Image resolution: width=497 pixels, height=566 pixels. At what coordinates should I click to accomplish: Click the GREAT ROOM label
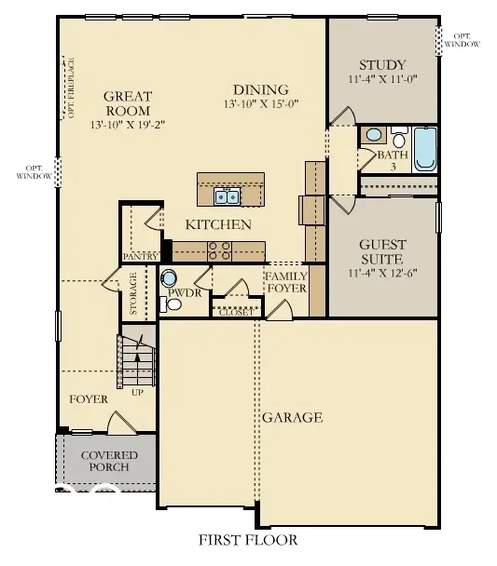point(128,101)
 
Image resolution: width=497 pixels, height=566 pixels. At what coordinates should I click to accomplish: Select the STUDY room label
point(382,65)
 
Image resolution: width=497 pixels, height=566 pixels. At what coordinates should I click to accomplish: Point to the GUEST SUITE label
point(382,251)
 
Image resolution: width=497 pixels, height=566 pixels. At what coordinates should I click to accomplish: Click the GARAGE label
point(292,417)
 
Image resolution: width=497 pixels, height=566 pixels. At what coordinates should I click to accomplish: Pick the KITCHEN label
point(218,224)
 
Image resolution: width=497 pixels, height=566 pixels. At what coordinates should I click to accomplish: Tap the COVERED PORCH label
point(109,461)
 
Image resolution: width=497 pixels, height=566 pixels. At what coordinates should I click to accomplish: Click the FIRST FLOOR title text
point(248,540)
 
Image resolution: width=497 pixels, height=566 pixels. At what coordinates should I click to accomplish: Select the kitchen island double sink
point(227,195)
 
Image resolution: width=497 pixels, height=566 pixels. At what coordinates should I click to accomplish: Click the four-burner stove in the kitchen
point(220,249)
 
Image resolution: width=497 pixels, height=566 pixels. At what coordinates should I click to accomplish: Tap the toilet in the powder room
point(171,278)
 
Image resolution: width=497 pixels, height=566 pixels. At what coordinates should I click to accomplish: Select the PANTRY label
point(139,256)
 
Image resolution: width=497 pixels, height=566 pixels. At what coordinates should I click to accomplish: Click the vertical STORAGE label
point(133,292)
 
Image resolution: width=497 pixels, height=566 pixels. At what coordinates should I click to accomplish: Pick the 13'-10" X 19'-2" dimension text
point(128,123)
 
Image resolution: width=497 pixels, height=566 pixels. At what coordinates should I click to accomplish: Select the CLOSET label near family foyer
point(233,313)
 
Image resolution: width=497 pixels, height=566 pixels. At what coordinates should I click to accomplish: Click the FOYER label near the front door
point(89,398)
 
